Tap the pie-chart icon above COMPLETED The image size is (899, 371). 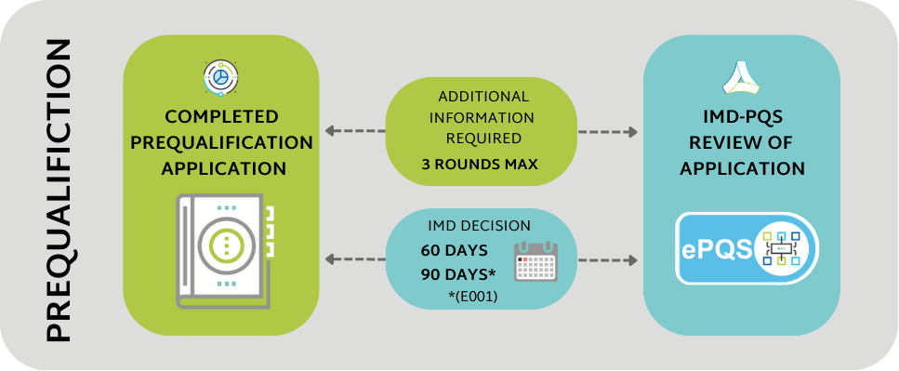pos(220,78)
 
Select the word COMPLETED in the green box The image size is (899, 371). pos(221,117)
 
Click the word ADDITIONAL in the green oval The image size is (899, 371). pos(483,96)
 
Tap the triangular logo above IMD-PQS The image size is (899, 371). pos(741,76)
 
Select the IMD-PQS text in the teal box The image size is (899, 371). pos(741,117)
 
